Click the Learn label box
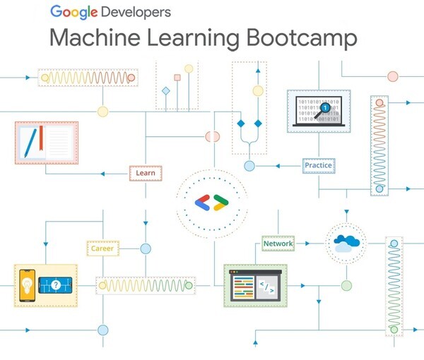146,173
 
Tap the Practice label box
319,166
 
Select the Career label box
102,248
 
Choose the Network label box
278,244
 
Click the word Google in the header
73,12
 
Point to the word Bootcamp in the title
302,38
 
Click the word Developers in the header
136,13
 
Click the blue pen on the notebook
30,143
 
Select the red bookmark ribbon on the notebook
41,138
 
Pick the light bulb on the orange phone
27,286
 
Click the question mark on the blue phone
56,284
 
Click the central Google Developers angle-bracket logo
211,203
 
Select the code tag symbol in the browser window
266,287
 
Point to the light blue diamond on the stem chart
166,91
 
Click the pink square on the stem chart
177,78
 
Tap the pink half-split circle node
212,136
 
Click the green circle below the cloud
346,285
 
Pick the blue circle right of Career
146,248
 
